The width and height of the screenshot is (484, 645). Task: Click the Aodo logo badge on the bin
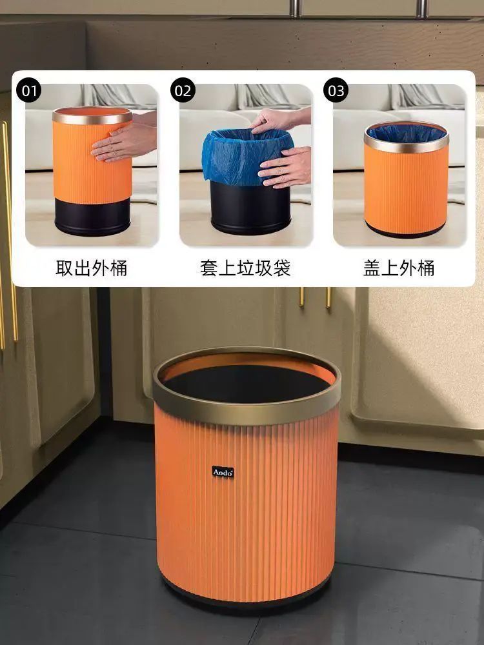click(x=223, y=472)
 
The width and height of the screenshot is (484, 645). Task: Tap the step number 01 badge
click(x=29, y=90)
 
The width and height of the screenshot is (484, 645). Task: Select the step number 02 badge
click(x=183, y=90)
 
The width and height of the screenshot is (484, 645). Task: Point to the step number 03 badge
click(x=336, y=90)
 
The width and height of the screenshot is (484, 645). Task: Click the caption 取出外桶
click(x=92, y=268)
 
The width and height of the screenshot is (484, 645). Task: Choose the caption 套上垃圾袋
click(x=245, y=268)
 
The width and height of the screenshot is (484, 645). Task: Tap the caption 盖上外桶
click(x=399, y=268)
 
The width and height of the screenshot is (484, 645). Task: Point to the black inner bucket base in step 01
click(x=92, y=217)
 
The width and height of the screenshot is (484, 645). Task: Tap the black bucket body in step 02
click(x=250, y=208)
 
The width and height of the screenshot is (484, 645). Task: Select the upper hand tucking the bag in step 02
click(x=280, y=119)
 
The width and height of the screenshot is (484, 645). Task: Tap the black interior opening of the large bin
click(x=247, y=384)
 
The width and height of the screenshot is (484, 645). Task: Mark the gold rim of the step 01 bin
click(x=92, y=115)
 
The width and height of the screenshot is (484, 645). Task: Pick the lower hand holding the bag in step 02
click(x=285, y=167)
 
